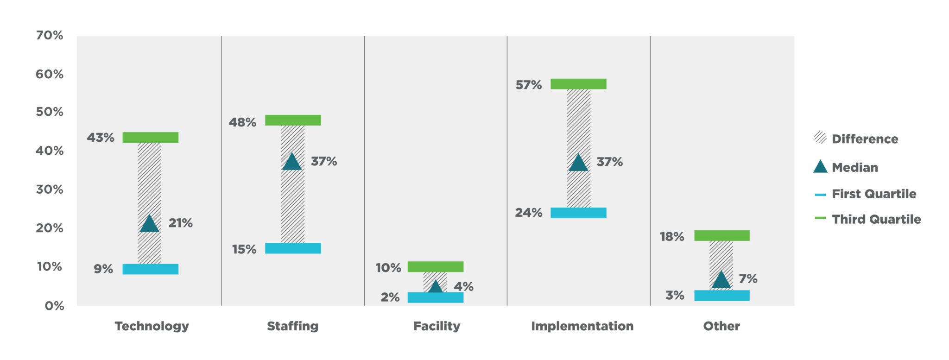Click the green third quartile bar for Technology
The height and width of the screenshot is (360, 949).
click(x=150, y=138)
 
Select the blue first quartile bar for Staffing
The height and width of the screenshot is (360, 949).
click(x=293, y=248)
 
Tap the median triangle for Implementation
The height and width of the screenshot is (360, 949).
click(x=578, y=163)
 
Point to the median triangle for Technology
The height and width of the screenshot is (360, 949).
click(x=149, y=224)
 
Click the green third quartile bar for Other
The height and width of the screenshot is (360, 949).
click(x=721, y=235)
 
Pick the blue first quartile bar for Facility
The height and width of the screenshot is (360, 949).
click(x=435, y=297)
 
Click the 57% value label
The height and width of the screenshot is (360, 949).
click(x=528, y=85)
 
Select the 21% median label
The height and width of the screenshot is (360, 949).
click(x=180, y=223)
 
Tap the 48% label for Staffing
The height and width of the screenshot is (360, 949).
click(x=242, y=122)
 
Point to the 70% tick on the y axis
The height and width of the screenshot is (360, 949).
click(x=50, y=36)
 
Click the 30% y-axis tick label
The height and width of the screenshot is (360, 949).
click(x=50, y=189)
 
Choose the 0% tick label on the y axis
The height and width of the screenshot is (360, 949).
click(x=54, y=306)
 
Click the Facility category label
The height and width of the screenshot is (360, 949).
click(x=437, y=326)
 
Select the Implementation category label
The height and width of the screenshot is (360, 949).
click(x=582, y=326)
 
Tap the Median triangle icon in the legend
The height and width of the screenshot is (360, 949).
click(x=820, y=167)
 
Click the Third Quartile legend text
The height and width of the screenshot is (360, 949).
click(x=876, y=219)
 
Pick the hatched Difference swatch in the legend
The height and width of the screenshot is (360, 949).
click(x=820, y=138)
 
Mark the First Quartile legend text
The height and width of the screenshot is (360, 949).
click(x=874, y=194)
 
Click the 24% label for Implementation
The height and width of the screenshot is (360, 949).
click(x=528, y=213)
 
